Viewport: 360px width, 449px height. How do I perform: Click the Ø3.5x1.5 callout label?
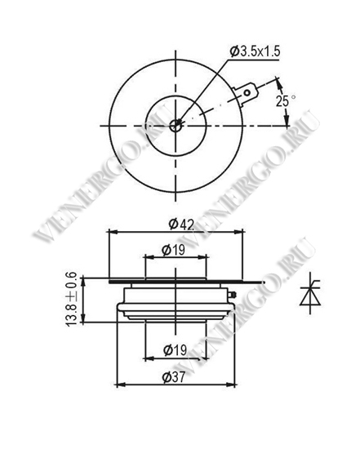pyautogui.click(x=255, y=51)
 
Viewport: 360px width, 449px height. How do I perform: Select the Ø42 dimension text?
pyautogui.click(x=181, y=224)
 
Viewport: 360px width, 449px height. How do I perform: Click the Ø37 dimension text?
pyautogui.click(x=174, y=377)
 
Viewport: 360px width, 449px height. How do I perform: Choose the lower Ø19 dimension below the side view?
pyautogui.click(x=175, y=350)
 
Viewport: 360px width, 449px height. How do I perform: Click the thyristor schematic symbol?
pyautogui.click(x=310, y=292)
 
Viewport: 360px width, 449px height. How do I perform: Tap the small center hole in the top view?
pyautogui.click(x=175, y=126)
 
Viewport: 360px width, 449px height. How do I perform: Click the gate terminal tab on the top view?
pyautogui.click(x=246, y=94)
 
